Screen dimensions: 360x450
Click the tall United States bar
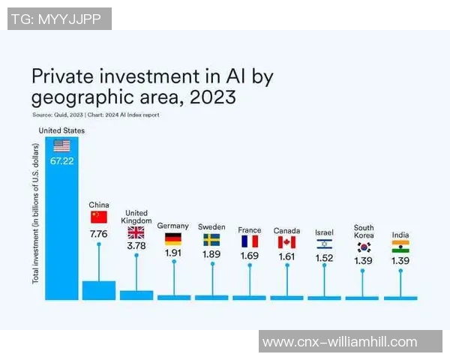(x=61, y=225)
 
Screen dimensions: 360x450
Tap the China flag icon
(x=99, y=217)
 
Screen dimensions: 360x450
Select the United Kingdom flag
(x=136, y=232)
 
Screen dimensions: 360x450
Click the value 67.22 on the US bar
(x=61, y=161)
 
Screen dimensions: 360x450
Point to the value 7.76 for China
(x=99, y=234)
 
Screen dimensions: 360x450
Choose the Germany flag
(x=173, y=239)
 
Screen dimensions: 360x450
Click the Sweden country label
(x=211, y=226)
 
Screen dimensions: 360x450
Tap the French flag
(x=249, y=241)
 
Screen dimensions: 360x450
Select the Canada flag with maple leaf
(x=286, y=242)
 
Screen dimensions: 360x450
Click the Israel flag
(x=324, y=244)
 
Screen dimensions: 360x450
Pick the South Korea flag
(x=364, y=247)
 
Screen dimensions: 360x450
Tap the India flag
(x=400, y=247)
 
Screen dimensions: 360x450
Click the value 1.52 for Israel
(x=324, y=258)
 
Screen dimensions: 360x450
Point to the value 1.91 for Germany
(x=173, y=253)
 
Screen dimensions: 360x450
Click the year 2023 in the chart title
(x=214, y=97)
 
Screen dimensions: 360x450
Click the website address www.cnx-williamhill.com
(x=339, y=342)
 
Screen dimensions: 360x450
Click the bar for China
(x=99, y=290)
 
